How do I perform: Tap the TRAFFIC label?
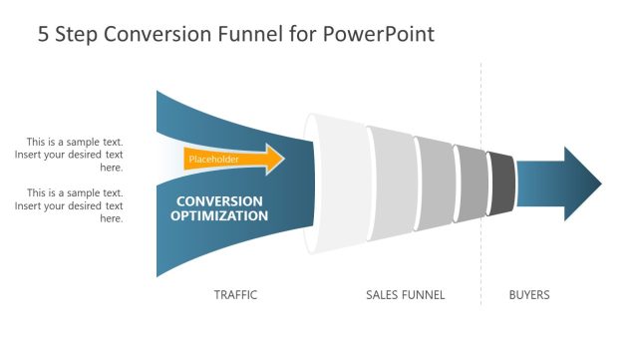tap(235, 295)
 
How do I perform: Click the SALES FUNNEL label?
tap(405, 295)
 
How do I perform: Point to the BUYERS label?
tap(528, 295)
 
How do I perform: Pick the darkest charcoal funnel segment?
tap(501, 183)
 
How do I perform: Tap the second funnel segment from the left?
tap(393, 183)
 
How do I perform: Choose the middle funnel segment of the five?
tap(435, 183)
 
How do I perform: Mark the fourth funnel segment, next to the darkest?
tap(470, 183)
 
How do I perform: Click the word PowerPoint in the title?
tap(379, 35)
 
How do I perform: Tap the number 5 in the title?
tap(44, 35)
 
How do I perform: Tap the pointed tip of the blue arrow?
tap(599, 184)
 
